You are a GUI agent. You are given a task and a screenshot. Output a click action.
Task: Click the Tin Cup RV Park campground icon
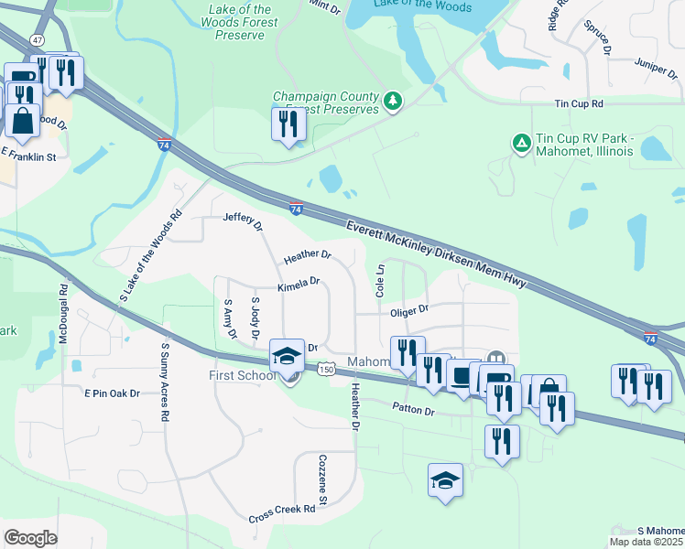pyautogui.click(x=520, y=143)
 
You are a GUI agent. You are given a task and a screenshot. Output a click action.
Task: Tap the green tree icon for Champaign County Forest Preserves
pyautogui.click(x=393, y=100)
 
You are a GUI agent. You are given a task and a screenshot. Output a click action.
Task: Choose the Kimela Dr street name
pyautogui.click(x=299, y=283)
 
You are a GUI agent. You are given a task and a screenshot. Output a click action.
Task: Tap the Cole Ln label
pyautogui.click(x=379, y=280)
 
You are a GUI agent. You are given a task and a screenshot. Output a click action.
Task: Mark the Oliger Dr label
pyautogui.click(x=409, y=311)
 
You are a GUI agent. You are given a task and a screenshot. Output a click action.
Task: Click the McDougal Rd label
pyautogui.click(x=63, y=317)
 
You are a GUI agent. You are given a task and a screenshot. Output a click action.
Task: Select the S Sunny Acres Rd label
pyautogui.click(x=165, y=382)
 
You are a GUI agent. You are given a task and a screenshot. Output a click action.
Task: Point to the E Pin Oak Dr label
pyautogui.click(x=112, y=393)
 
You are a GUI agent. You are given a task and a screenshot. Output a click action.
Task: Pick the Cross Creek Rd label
pyautogui.click(x=282, y=513)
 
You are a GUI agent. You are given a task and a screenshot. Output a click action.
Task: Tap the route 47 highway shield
pyautogui.click(x=37, y=67)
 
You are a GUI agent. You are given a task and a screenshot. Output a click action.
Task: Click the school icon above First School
pyautogui.click(x=287, y=355)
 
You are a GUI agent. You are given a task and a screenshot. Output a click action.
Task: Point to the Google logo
pyautogui.click(x=30, y=537)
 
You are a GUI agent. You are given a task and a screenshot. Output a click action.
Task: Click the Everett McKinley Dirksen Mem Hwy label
pyautogui.click(x=436, y=256)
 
